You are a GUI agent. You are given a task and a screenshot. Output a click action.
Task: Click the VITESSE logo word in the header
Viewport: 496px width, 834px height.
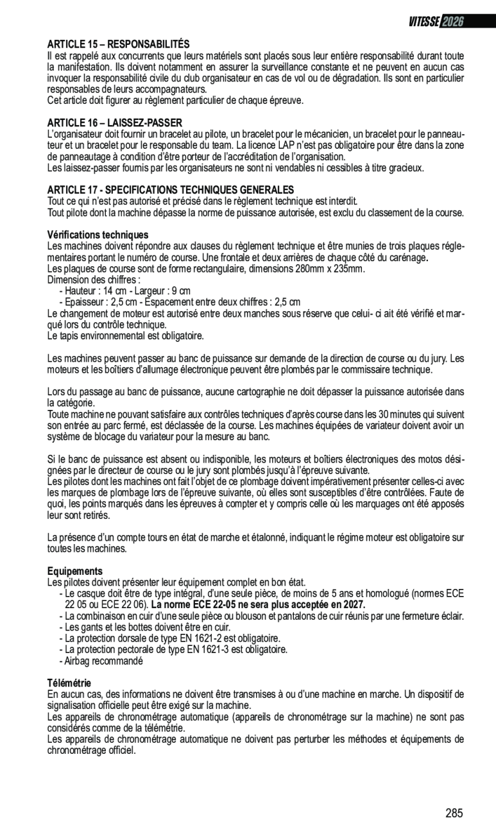[423, 22]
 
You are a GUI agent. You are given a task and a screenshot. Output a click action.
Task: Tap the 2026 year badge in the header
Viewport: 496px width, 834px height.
[452, 22]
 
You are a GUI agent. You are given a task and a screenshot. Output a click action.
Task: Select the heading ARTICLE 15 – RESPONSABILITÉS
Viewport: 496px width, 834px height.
[119, 44]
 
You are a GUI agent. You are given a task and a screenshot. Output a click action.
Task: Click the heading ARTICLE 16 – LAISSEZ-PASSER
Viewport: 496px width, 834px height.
[115, 123]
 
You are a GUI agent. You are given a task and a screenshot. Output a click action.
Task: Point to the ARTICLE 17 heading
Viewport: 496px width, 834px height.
[171, 190]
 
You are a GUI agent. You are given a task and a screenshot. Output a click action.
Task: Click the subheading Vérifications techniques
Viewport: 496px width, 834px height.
[98, 235]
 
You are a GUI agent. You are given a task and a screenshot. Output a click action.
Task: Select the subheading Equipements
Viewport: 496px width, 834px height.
[75, 571]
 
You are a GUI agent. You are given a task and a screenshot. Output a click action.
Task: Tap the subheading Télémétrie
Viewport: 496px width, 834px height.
[69, 683]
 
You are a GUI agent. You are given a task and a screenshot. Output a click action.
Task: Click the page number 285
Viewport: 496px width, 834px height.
[454, 813]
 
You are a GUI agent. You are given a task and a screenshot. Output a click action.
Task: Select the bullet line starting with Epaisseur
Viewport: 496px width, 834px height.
[180, 302]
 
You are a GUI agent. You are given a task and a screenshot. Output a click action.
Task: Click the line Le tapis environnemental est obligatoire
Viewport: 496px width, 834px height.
[126, 336]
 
